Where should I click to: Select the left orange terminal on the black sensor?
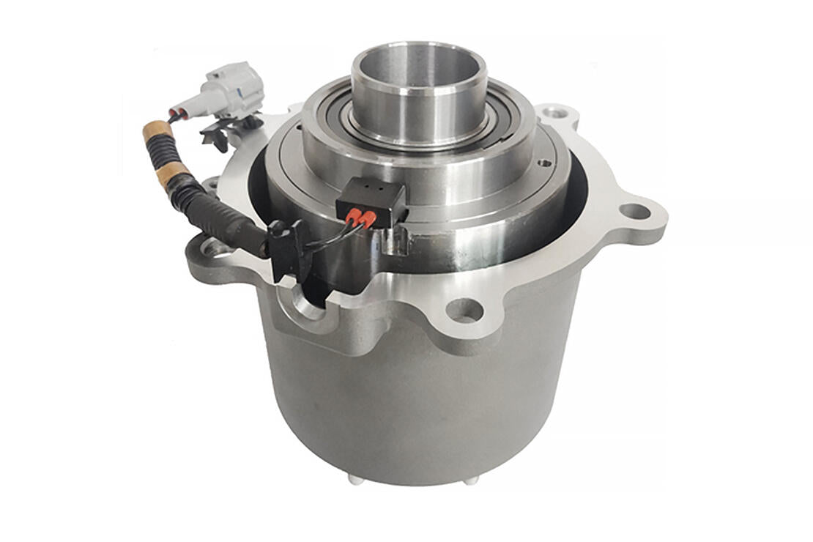coord(354,217)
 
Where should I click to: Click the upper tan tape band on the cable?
coord(157,132)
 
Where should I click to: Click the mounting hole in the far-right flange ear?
coord(634,211)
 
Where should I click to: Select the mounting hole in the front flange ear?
coord(464,310)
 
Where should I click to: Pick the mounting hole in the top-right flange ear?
coord(556,113)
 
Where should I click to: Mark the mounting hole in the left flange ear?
coord(215,248)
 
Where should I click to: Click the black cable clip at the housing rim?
coord(287,249)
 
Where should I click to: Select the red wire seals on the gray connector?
coord(175,114)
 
